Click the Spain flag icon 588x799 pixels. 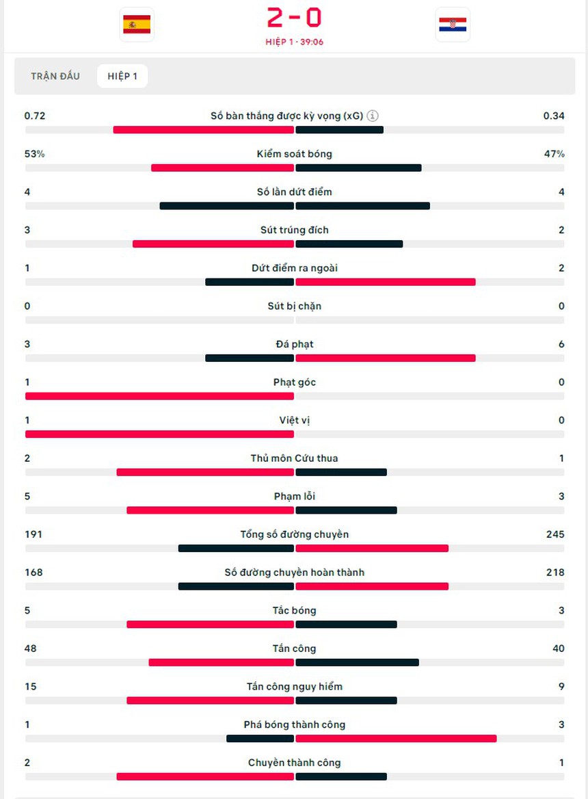(137, 25)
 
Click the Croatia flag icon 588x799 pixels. (453, 25)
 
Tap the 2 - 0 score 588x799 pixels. (294, 18)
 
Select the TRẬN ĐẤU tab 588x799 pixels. (55, 76)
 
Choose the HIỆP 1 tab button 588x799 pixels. (122, 76)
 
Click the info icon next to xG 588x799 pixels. (373, 116)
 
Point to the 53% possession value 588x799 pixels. (34, 154)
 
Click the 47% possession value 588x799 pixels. (554, 154)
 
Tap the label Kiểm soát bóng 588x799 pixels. (294, 154)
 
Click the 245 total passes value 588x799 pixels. (555, 534)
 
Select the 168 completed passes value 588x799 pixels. (34, 572)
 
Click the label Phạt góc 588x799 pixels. (294, 382)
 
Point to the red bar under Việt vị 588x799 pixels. (159, 434)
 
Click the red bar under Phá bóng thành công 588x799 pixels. (396, 738)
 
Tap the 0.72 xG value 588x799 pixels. (35, 116)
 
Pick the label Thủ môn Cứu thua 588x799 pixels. (294, 458)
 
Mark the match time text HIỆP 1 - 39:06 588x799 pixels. (294, 42)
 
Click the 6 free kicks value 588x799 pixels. (561, 344)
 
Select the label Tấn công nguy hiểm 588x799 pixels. (294, 686)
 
